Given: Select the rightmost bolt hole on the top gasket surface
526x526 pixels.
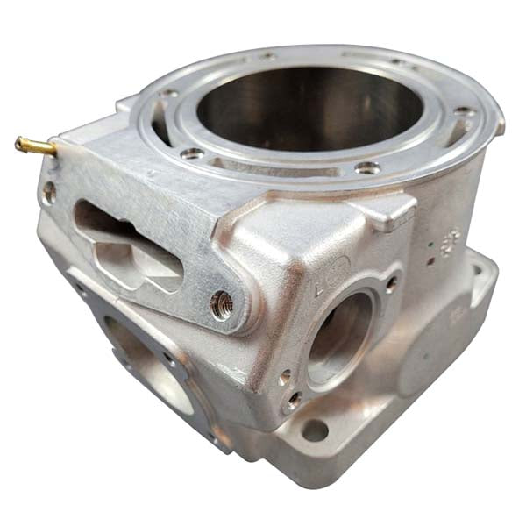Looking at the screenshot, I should pos(462,112).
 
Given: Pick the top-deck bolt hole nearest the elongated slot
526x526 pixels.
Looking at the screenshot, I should pos(191,153).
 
